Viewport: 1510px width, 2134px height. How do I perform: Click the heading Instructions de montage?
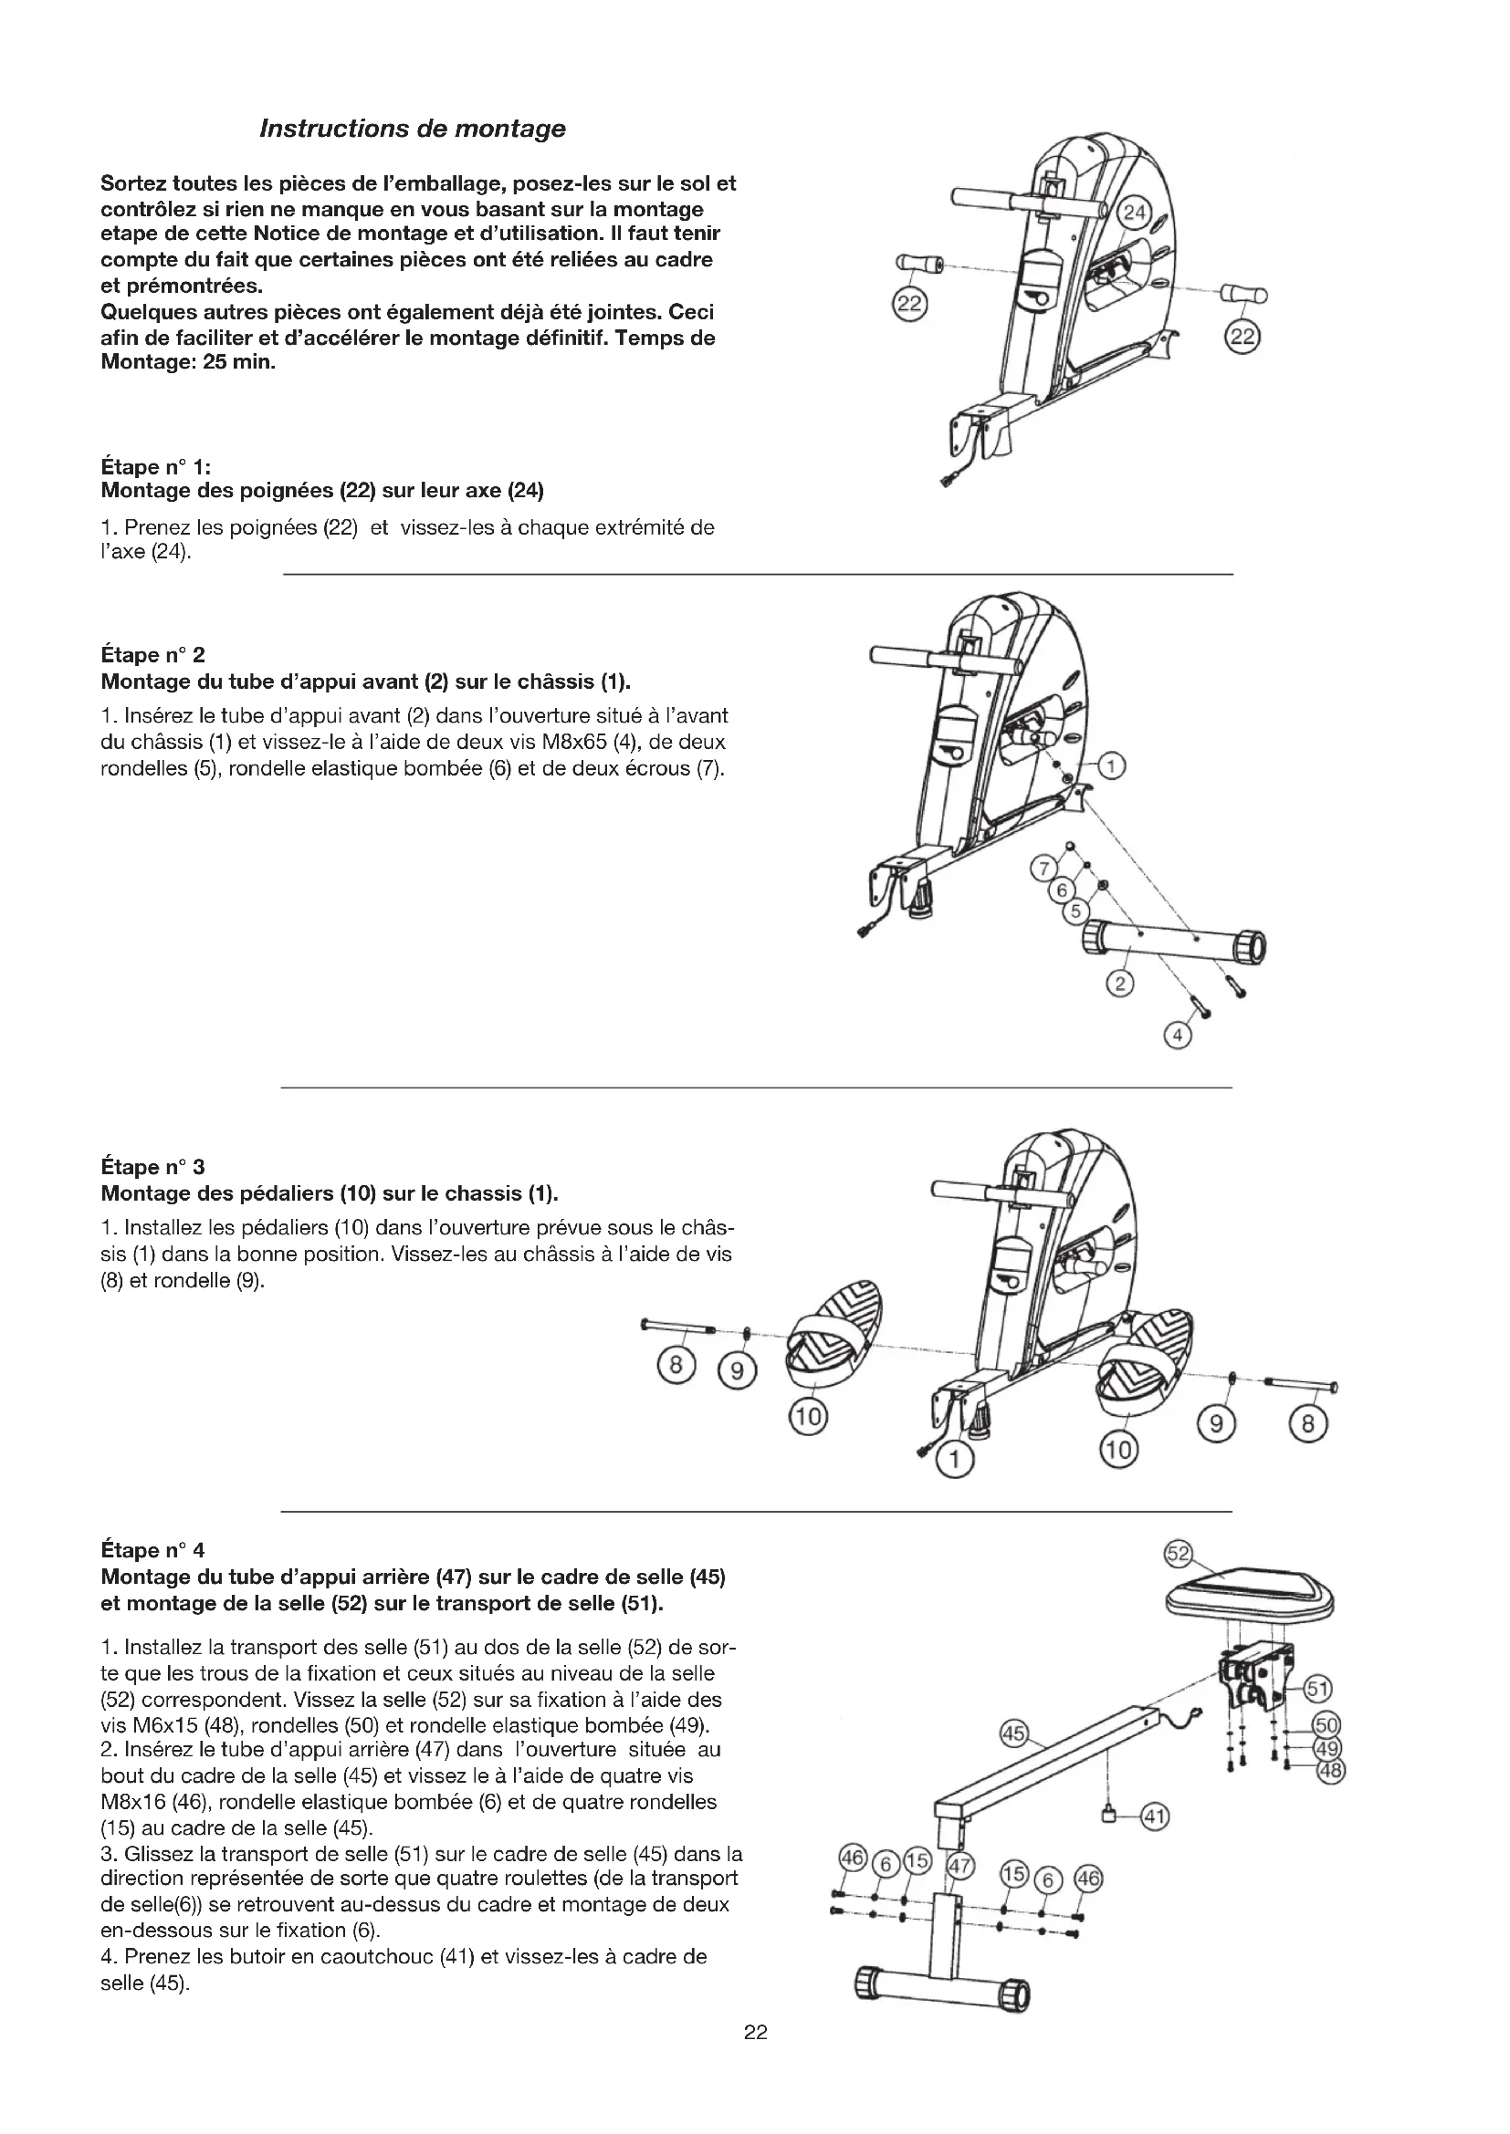[x=412, y=130]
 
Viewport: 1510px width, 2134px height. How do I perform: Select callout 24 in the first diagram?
[x=1135, y=213]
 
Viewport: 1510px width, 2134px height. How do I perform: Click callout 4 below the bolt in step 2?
[x=1177, y=1036]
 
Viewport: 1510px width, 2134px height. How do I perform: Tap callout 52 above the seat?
[x=1178, y=1553]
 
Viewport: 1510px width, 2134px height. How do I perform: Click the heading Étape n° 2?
[x=152, y=655]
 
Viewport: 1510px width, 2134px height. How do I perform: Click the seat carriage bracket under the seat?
[x=1257, y=1674]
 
